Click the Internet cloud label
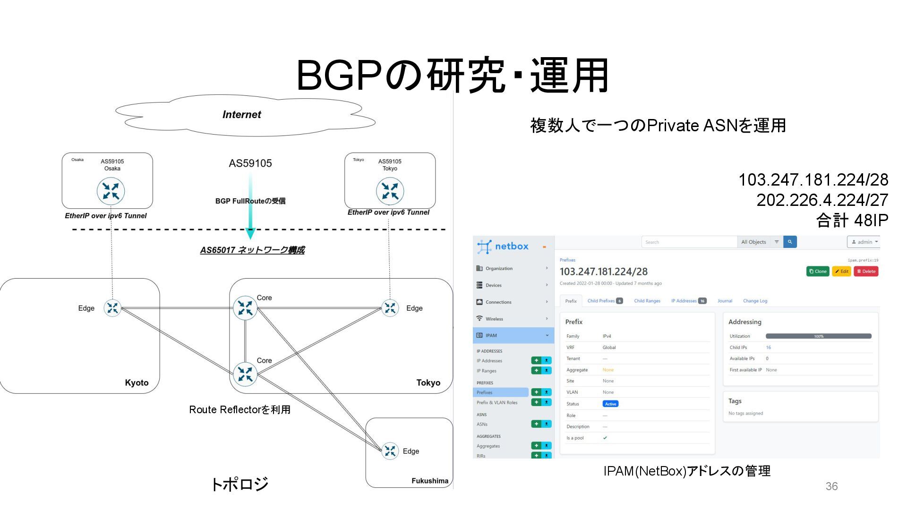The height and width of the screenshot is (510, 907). [x=241, y=115]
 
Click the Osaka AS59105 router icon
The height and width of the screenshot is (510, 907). [x=111, y=191]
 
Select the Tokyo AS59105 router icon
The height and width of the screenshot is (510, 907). [x=390, y=191]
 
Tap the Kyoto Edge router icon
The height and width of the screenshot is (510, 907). [x=112, y=308]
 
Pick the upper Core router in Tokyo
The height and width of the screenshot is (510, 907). [x=245, y=308]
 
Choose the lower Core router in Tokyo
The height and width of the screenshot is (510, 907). [x=245, y=374]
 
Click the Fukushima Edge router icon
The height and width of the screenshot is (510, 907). [x=390, y=451]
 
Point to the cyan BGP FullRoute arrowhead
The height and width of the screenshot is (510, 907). [x=250, y=233]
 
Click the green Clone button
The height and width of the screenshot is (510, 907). [x=818, y=272]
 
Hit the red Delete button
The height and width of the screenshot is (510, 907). [x=866, y=272]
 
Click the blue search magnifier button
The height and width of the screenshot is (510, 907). [x=790, y=242]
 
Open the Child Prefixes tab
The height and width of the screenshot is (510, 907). [x=605, y=301]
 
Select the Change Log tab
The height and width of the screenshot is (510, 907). [x=755, y=301]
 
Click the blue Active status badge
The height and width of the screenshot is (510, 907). [x=610, y=404]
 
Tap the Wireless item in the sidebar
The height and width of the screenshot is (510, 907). [x=494, y=319]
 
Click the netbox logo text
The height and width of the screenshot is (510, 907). [x=512, y=246]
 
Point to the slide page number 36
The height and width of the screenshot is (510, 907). [x=831, y=486]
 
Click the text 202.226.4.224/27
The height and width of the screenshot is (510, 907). [x=822, y=200]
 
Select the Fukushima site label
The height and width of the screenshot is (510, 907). [x=430, y=481]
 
